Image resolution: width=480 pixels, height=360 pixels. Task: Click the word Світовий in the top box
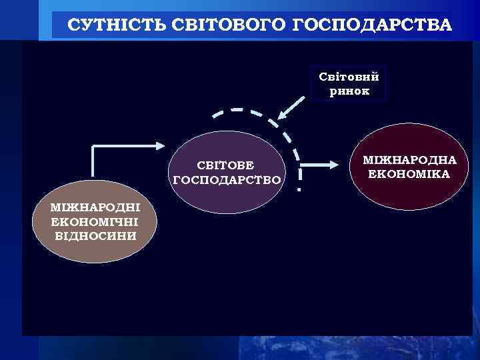(348, 77)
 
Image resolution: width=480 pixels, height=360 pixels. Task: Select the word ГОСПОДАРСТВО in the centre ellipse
(227, 179)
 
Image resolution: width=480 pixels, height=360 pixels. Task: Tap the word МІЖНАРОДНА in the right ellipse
(409, 161)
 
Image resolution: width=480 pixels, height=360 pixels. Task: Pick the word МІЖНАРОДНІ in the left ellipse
(95, 208)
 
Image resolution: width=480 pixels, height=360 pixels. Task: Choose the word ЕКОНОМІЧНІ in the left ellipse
(95, 222)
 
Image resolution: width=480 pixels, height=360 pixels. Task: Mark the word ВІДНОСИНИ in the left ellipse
(95, 235)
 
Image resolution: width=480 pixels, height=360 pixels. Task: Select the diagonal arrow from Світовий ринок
(292, 108)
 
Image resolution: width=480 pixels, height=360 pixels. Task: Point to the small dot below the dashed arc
(299, 191)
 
